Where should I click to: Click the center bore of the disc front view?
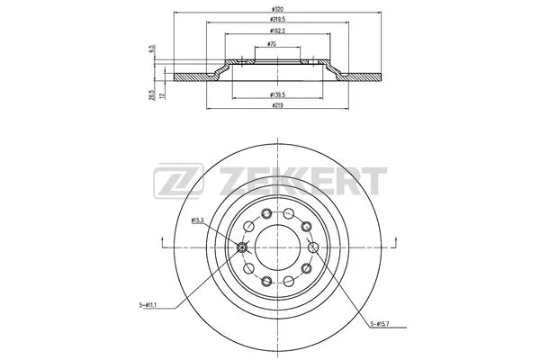pos(276,248)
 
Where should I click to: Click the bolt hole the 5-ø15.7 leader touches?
pos(311,249)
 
